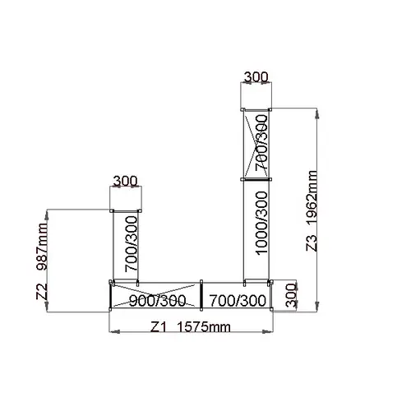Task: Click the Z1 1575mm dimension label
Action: click(191, 327)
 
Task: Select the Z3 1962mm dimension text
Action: click(312, 210)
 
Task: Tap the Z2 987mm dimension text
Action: click(42, 261)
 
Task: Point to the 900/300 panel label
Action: click(157, 301)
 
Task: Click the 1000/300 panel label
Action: click(261, 223)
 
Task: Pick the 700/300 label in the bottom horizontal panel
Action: click(238, 301)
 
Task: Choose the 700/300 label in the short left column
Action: click(131, 244)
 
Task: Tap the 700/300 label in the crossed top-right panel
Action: click(261, 142)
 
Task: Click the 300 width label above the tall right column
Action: click(256, 77)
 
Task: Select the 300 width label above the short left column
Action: click(125, 181)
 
